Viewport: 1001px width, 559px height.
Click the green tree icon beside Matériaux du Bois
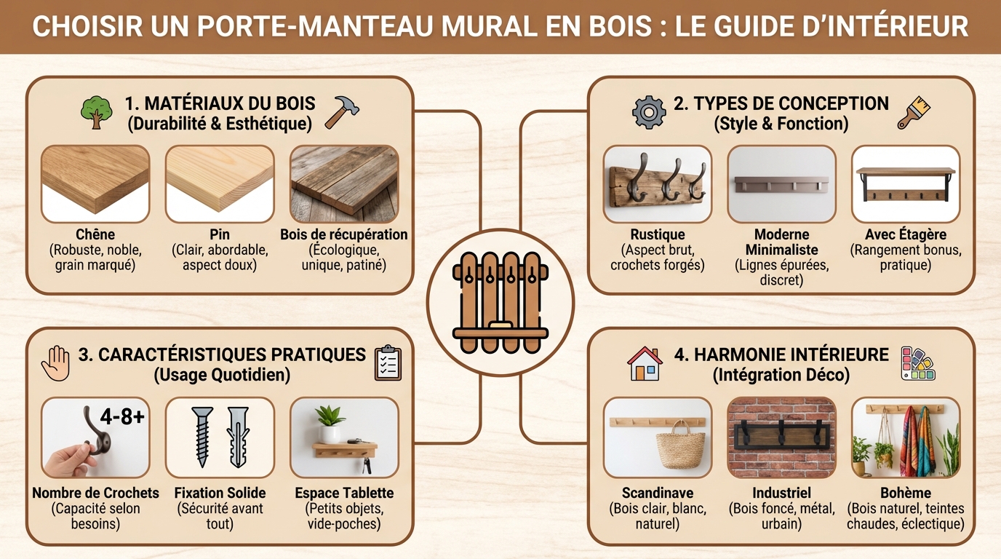96,113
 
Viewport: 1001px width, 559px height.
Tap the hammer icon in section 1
342,112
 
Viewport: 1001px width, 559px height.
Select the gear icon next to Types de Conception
649,112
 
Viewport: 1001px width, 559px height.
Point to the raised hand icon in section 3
57,363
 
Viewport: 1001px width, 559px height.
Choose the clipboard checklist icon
388,363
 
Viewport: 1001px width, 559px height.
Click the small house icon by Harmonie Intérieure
645,363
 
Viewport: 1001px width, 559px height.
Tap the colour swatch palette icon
918,363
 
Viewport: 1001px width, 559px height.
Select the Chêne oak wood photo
95,183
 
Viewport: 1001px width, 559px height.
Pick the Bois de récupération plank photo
344,183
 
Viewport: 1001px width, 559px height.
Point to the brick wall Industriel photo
781,437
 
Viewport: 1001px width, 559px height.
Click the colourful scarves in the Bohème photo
917,440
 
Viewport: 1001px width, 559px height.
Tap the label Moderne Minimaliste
781,242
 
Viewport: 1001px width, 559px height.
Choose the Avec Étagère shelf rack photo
906,183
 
